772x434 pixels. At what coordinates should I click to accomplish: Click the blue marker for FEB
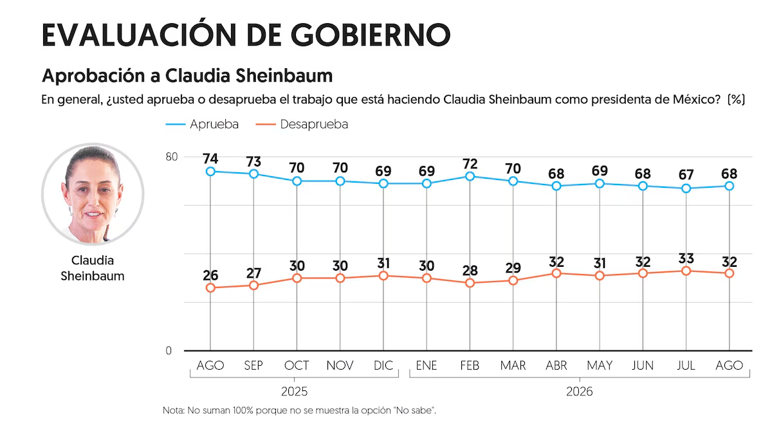pyautogui.click(x=470, y=176)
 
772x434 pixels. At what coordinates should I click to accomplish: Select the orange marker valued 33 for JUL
pyautogui.click(x=686, y=271)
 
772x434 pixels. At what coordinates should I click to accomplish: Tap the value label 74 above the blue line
pyautogui.click(x=210, y=159)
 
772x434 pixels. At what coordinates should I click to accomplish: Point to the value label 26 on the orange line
pyautogui.click(x=210, y=275)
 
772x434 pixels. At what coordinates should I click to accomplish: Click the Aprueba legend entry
pyautogui.click(x=202, y=124)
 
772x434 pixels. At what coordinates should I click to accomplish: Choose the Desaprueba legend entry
pyautogui.click(x=302, y=124)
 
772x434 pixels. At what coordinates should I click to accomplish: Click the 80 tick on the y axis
pyautogui.click(x=172, y=157)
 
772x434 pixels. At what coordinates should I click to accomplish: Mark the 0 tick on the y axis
pyautogui.click(x=169, y=350)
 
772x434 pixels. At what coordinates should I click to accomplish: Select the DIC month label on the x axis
pyautogui.click(x=383, y=365)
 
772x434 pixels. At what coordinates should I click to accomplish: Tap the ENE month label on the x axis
pyautogui.click(x=427, y=365)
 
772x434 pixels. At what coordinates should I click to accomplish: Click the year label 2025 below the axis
pyautogui.click(x=294, y=392)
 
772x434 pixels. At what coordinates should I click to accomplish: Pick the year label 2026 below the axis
pyautogui.click(x=580, y=392)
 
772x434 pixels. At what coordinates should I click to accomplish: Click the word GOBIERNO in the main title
pyautogui.click(x=371, y=35)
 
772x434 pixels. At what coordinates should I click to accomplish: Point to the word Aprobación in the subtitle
pyautogui.click(x=93, y=75)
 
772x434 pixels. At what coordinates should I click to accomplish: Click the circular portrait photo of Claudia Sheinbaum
pyautogui.click(x=93, y=194)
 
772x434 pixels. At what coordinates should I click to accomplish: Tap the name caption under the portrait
pyautogui.click(x=93, y=268)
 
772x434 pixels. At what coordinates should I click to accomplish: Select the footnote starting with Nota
pyautogui.click(x=299, y=410)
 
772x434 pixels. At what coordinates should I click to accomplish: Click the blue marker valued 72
pyautogui.click(x=470, y=176)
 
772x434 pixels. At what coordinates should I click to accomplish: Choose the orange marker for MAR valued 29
pyautogui.click(x=513, y=281)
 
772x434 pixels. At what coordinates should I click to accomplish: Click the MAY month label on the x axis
pyautogui.click(x=600, y=365)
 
